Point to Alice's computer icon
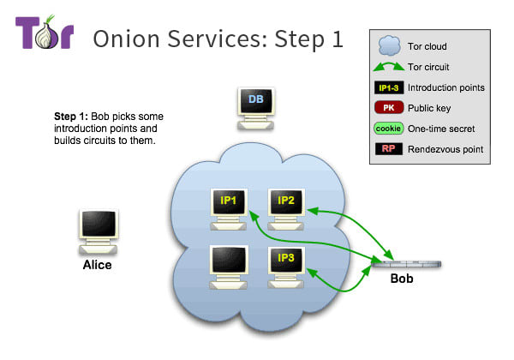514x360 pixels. (x=96, y=229)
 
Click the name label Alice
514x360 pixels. (x=97, y=265)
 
